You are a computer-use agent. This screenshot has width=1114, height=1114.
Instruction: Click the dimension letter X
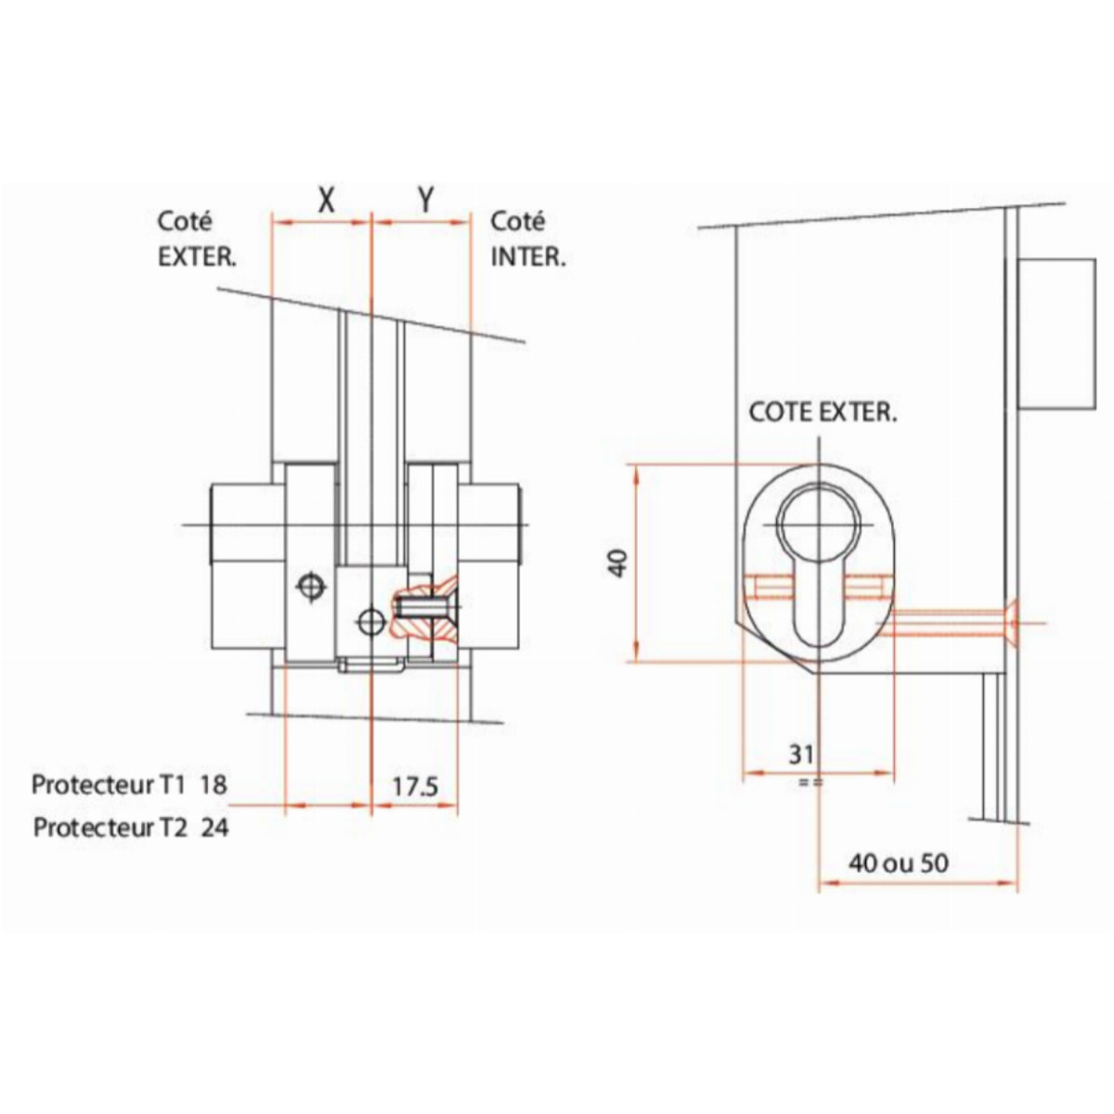(327, 201)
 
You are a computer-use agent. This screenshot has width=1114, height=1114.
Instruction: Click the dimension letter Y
(425, 200)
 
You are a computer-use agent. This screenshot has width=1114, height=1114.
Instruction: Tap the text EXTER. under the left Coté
(197, 257)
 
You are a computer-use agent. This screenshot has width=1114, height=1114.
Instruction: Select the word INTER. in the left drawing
(528, 257)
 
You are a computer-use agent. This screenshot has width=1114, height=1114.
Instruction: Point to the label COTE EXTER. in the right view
(823, 413)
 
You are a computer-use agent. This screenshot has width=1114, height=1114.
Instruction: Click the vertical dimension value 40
(618, 563)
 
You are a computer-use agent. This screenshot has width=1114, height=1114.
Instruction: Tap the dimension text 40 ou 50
(899, 879)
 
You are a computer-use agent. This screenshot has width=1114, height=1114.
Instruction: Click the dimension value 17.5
(415, 787)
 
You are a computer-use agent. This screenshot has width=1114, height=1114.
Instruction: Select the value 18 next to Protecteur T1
(214, 784)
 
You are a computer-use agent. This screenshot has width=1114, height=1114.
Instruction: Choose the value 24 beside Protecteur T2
(215, 828)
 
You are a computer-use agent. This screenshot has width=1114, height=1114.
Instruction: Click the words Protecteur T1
(108, 784)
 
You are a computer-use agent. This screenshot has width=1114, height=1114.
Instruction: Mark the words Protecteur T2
(110, 828)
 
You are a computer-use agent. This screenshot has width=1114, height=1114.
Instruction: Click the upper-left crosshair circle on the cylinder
(311, 586)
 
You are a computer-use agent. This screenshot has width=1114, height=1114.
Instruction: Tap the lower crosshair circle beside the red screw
(371, 622)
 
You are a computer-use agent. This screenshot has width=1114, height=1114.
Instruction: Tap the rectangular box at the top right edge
(1056, 333)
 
